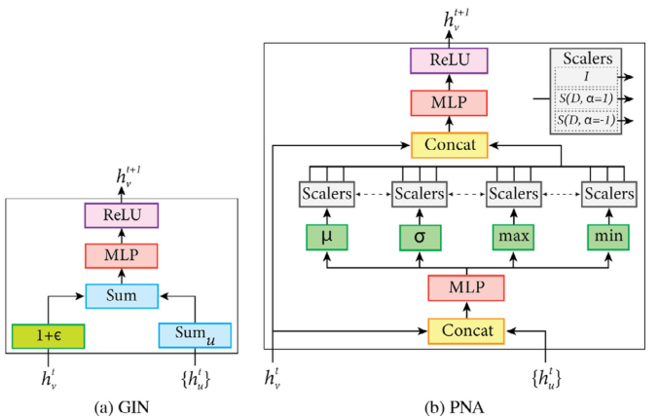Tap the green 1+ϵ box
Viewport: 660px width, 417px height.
[49, 335]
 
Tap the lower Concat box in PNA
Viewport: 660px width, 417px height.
[465, 330]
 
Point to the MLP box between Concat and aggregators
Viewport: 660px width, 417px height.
[465, 287]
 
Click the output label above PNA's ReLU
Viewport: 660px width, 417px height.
[448, 19]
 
